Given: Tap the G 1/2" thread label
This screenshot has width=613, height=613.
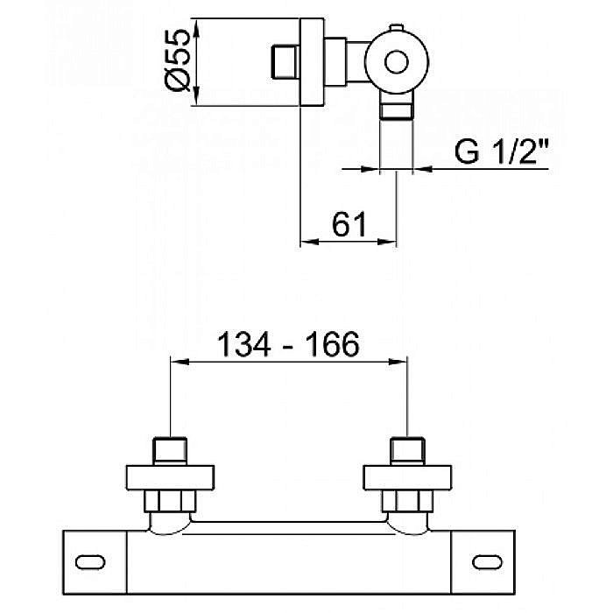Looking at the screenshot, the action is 502,151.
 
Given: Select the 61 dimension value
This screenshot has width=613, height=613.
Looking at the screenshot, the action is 349,224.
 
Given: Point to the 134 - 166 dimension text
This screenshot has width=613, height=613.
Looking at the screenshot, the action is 288,344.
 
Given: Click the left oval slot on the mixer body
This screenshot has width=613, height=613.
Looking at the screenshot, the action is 90,562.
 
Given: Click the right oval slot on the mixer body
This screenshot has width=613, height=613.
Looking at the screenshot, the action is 487,562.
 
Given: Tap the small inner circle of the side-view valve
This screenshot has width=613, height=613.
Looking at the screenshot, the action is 397,62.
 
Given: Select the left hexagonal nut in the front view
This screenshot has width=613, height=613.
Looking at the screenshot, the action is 170,501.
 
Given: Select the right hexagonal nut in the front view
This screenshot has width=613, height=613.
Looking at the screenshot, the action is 407,501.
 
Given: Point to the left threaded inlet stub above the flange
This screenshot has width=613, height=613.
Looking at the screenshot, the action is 170,451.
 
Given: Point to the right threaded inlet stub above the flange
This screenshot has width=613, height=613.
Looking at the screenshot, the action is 408,451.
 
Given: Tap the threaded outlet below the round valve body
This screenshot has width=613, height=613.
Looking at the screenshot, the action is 397,106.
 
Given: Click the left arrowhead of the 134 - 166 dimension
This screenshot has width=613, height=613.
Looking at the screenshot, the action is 180,362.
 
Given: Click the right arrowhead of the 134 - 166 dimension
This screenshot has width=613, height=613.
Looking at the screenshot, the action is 398,362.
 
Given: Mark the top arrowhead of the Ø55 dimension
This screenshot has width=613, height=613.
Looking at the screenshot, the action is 196,28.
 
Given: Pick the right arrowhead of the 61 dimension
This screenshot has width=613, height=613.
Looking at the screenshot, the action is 387,242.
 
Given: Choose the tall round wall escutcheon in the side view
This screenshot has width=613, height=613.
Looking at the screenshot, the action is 312,62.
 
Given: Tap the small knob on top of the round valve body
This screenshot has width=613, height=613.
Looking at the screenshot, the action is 396,27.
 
